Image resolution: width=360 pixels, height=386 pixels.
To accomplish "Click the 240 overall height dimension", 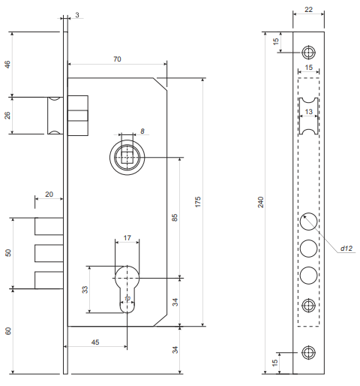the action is tap(261, 202).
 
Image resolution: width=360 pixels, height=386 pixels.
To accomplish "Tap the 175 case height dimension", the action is tap(198, 202).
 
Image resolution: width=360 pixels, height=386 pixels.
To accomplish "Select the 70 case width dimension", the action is tap(117, 59).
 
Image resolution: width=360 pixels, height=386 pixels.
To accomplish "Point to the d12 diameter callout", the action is tap(346, 249).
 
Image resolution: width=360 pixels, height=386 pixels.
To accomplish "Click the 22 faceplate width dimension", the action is tap(309, 10).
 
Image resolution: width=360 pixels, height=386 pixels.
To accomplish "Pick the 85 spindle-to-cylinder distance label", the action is tap(175, 218).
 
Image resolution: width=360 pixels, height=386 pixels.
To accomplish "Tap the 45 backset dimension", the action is tap(95, 342).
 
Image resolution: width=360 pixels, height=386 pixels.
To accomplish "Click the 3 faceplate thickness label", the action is tap(77, 15).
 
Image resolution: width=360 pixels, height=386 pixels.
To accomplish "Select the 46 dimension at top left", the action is tap(7, 65).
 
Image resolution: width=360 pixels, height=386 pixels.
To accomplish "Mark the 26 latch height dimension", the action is tap(7, 116).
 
